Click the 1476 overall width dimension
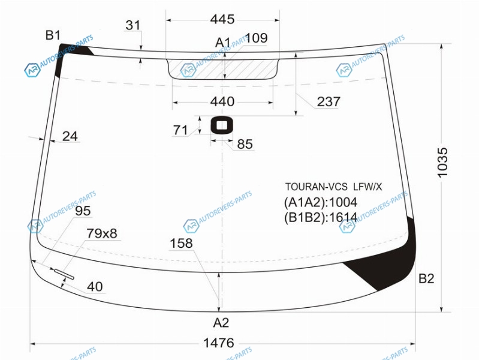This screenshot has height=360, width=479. point(219,343)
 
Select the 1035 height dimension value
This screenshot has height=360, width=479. point(442,163)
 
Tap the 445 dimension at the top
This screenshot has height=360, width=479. point(222,19)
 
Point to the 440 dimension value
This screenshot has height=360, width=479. point(222,101)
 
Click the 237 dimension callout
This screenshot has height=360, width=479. point(329,102)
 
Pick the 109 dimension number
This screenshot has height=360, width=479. point(256,38)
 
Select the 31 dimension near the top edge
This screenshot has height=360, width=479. point(133,25)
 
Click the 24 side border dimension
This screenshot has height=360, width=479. point(70,136)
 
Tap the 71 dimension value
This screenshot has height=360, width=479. point(180,130)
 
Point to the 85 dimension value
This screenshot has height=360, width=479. point(245,145)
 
